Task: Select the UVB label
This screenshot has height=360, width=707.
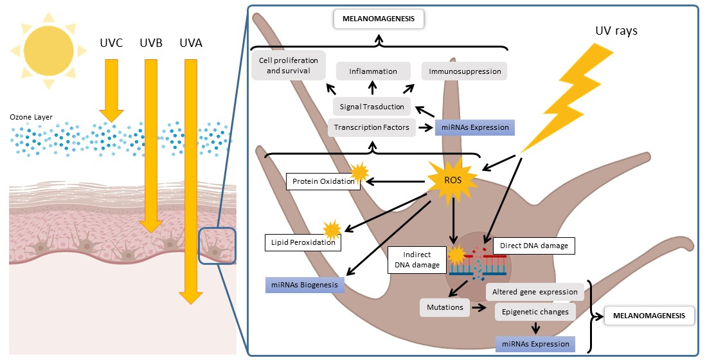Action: [x=150, y=45]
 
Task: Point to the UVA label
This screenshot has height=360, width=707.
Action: [x=190, y=45]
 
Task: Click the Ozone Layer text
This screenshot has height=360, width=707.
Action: [x=31, y=117]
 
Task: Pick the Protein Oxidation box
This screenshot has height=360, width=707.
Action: [x=323, y=181]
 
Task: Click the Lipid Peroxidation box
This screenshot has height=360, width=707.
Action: [x=302, y=242]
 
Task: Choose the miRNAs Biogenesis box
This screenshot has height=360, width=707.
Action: [x=305, y=285]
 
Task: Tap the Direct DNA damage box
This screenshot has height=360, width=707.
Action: [x=530, y=245]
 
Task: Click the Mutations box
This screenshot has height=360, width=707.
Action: [x=445, y=307]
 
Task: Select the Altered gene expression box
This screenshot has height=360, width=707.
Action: [x=535, y=292]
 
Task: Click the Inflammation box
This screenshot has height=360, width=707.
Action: [x=373, y=71]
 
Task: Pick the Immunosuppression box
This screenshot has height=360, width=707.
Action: [x=464, y=71]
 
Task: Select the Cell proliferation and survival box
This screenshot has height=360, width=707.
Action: [x=289, y=65]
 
